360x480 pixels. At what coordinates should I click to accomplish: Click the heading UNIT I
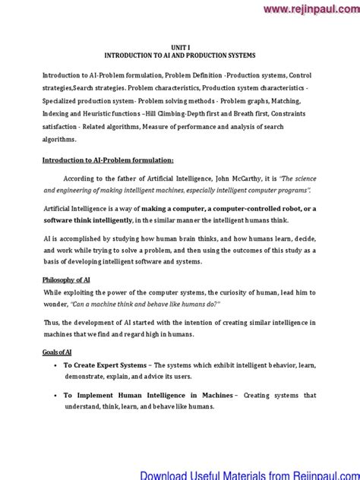pos(180,47)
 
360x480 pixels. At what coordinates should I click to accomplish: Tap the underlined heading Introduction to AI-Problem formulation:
pos(108,160)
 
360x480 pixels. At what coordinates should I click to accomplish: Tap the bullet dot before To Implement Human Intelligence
pos(55,395)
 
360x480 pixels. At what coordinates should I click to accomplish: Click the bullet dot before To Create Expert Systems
pos(55,365)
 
